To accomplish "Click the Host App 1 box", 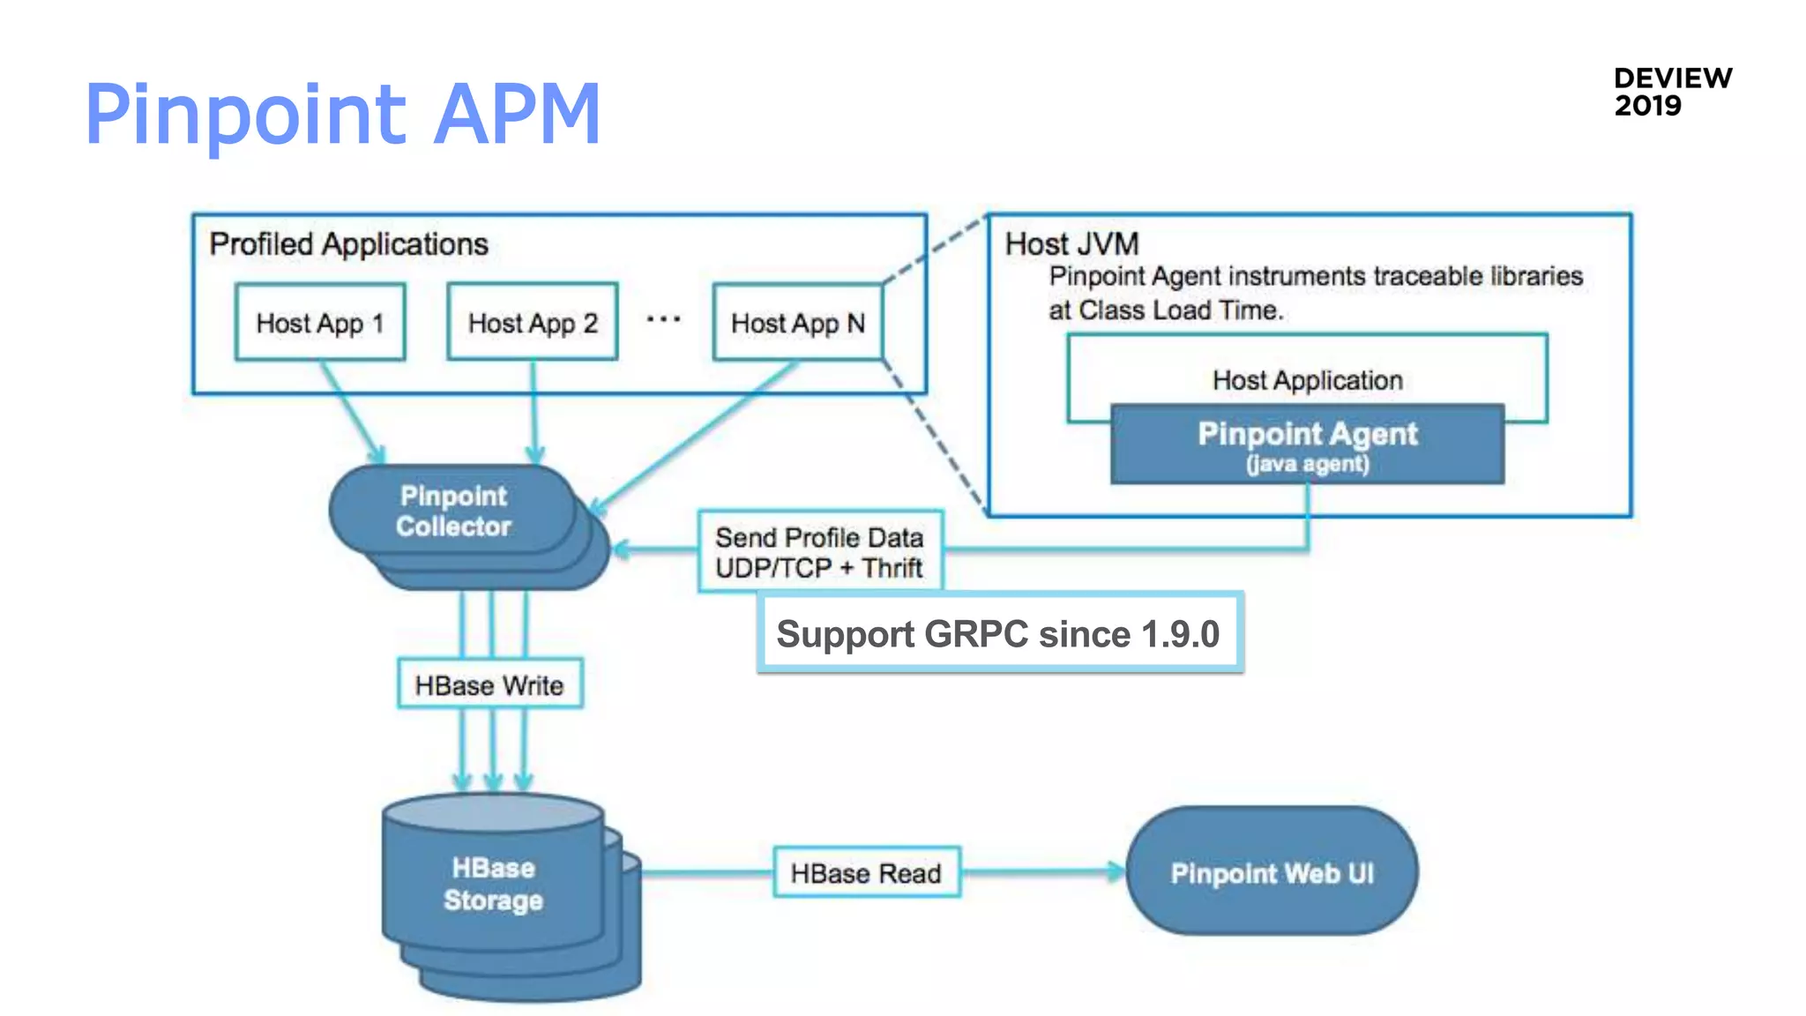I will [320, 322].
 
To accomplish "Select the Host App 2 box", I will [533, 322].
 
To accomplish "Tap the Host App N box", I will [797, 322].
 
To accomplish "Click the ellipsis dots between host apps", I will [663, 319].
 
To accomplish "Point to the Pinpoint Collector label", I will [453, 511].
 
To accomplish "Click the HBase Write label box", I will [489, 684].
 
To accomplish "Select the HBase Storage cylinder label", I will [493, 884].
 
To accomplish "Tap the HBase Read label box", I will [866, 872].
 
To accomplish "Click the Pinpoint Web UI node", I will [1272, 872].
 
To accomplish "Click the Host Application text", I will [1307, 380].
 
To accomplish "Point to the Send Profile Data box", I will [819, 551].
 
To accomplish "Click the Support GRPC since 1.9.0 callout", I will [998, 633].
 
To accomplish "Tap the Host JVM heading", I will [1071, 243].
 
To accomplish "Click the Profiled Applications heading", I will [348, 243].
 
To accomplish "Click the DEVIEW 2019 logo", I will [1672, 92].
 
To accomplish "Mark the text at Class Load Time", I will [1166, 310].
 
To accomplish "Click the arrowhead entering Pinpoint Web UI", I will [1116, 871].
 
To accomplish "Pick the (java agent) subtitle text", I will [1307, 465].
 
